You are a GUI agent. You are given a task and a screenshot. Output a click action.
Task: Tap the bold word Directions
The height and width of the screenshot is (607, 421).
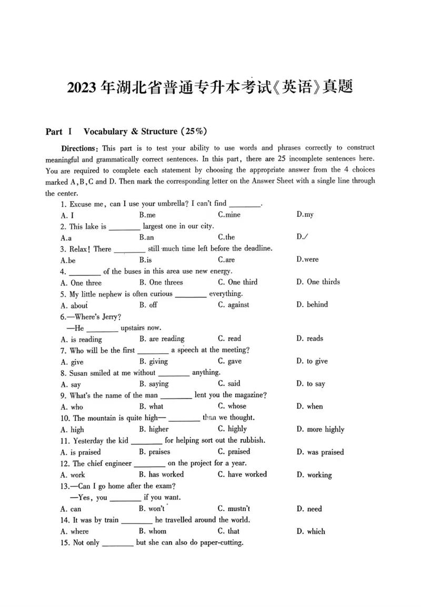pos(79,148)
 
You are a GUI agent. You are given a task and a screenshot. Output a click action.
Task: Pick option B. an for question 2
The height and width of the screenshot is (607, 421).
pos(146,237)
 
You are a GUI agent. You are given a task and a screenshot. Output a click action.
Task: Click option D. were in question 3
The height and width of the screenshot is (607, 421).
pos(307,260)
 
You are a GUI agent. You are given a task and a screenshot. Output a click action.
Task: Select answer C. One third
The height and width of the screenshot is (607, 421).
pos(237,282)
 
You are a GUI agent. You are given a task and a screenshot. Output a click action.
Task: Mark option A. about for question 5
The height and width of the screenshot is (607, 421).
pos(74,305)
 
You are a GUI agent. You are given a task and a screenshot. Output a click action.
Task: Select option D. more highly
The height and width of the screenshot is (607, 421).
pos(320,430)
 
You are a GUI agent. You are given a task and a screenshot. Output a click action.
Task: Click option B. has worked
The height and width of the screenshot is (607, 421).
pos(161,474)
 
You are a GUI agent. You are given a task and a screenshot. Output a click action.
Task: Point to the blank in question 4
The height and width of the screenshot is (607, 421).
pos(85,272)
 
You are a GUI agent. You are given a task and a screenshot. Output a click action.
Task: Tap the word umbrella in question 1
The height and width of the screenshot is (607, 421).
pos(171,203)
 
